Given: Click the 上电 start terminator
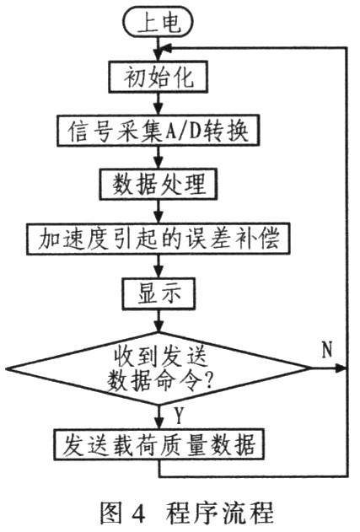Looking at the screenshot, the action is (x=159, y=24).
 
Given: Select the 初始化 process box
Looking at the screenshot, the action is (x=158, y=77).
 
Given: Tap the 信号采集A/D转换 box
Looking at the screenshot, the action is (x=159, y=131).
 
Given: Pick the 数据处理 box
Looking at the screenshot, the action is (x=159, y=185).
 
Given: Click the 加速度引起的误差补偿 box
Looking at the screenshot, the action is (x=159, y=239).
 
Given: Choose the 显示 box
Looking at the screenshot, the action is (x=159, y=293).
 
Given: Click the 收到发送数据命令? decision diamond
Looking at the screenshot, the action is (x=159, y=368).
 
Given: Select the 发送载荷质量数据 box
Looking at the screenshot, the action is (x=159, y=445).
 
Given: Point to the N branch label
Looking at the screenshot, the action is (x=326, y=349).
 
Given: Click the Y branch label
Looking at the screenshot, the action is (x=179, y=416).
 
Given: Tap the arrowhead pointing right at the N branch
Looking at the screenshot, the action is (x=340, y=368).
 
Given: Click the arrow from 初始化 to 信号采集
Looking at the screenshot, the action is (x=159, y=104).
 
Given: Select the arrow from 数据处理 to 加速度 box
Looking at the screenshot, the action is (x=159, y=212).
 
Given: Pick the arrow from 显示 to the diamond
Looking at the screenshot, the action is (x=159, y=320).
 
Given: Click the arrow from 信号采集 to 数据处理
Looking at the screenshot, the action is (x=159, y=158).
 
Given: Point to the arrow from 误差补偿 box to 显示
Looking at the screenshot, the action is (x=159, y=266).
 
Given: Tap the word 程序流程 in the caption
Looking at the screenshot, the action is (x=219, y=513).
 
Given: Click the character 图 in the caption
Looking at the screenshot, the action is (x=111, y=513).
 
